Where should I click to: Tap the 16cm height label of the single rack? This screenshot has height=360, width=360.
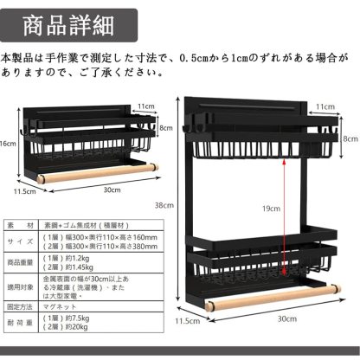(x=8, y=144)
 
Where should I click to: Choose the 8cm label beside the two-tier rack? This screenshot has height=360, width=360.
(x=350, y=138)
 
